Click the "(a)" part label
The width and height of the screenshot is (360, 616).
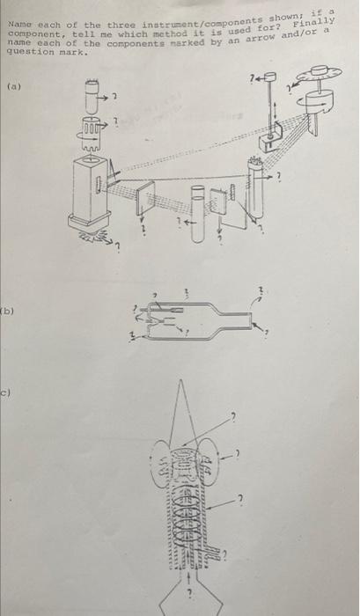(x=15, y=86)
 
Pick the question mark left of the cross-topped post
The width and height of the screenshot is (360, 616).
(x=253, y=79)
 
